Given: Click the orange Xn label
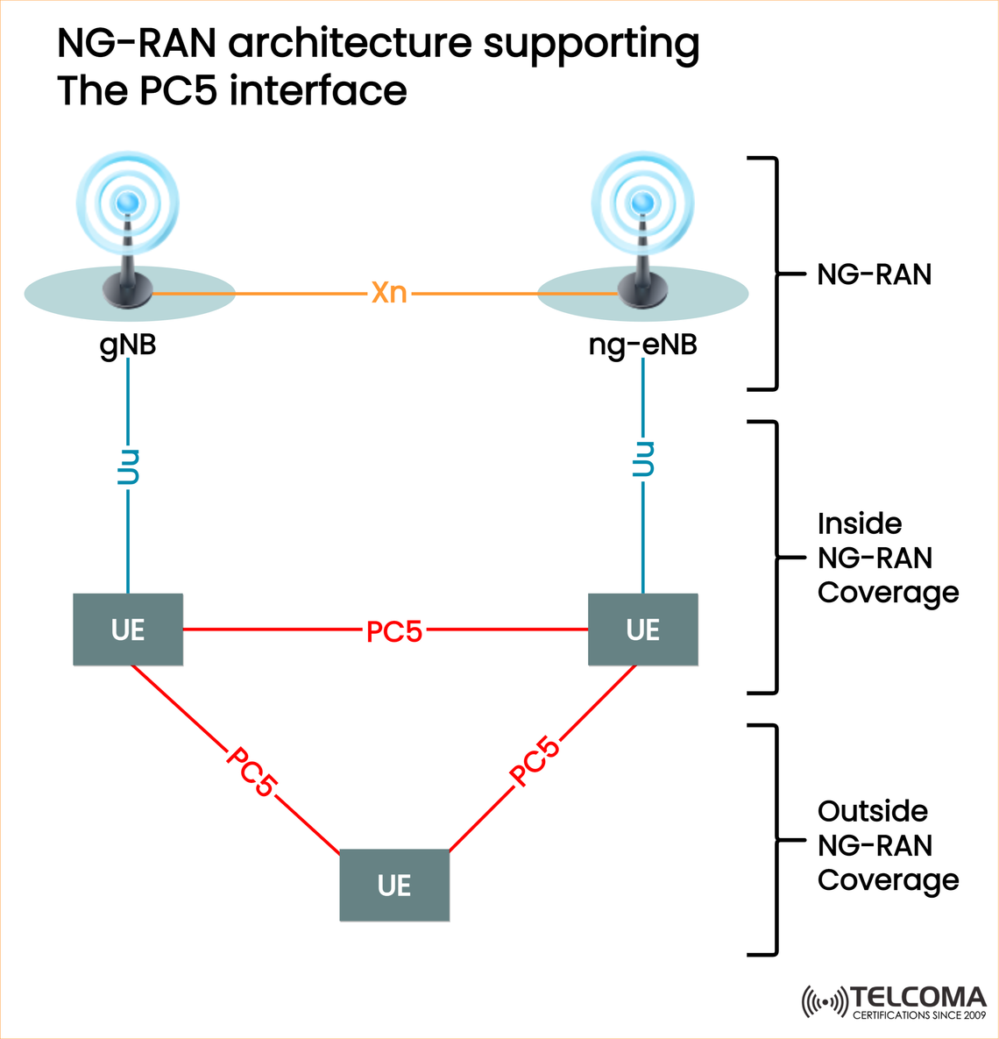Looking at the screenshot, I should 389,292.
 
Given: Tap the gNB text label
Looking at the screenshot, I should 128,345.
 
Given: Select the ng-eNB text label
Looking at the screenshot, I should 642,345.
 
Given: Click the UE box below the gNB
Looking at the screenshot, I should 128,630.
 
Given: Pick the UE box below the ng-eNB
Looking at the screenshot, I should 642,630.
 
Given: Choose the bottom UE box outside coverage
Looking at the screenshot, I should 394,885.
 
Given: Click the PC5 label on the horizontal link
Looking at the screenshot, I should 394,631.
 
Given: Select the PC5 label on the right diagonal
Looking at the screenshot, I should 535,761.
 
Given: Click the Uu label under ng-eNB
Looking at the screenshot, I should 643,459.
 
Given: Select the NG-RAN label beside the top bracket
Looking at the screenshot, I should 874,274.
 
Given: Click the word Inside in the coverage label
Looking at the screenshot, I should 859,523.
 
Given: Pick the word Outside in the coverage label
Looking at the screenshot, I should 872,811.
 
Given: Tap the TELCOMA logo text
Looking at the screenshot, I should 918,998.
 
